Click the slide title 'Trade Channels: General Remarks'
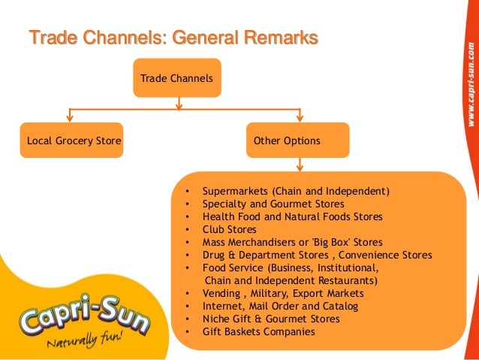[x=173, y=37]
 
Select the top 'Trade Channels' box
[x=176, y=78]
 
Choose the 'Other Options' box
[x=298, y=141]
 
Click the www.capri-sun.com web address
[x=468, y=83]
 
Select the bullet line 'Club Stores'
[x=229, y=229]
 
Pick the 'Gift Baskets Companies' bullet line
[x=258, y=331]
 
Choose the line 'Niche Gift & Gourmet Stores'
[x=270, y=319]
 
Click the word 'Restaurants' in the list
[x=346, y=280]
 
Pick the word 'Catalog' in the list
[x=339, y=306]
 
